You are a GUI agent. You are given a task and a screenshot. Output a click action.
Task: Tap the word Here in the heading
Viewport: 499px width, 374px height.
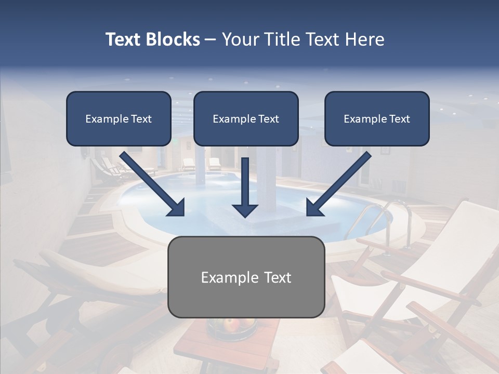click(x=366, y=39)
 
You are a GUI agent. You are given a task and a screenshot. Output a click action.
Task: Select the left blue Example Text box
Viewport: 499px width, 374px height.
click(x=119, y=118)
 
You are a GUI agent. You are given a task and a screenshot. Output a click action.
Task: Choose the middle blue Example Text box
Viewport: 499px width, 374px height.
click(x=246, y=118)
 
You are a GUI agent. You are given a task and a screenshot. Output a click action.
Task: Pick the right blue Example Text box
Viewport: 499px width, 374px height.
click(x=377, y=118)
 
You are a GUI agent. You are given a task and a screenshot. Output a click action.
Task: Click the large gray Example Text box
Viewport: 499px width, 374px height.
click(x=246, y=277)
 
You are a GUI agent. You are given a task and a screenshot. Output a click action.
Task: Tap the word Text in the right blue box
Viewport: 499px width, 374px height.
click(x=400, y=118)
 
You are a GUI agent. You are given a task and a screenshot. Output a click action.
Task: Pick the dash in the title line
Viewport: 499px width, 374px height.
click(x=211, y=39)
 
